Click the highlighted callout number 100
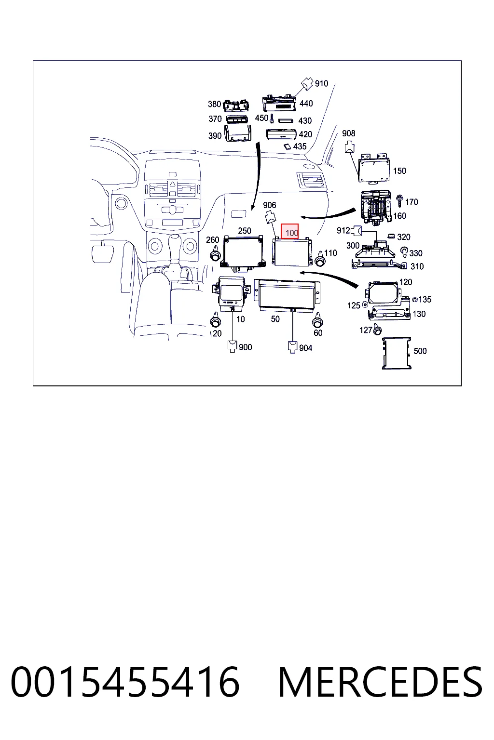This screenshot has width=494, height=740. click(x=291, y=233)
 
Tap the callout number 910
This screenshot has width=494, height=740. click(x=321, y=83)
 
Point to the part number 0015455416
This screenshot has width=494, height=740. click(x=125, y=682)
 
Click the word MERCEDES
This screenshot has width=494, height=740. click(x=380, y=682)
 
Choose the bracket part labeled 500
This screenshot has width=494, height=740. click(x=397, y=353)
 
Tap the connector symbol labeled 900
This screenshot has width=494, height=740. click(x=233, y=346)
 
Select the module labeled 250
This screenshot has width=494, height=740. click(x=243, y=253)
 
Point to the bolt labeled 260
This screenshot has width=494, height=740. click(x=215, y=256)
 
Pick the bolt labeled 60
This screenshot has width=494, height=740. click(x=317, y=319)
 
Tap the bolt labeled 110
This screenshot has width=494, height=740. click(x=320, y=259)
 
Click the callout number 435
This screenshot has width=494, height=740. click(x=300, y=146)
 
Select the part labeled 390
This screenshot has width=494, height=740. click(x=237, y=133)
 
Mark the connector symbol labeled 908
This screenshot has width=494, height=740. click(x=349, y=146)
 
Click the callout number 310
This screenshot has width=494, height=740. click(x=417, y=266)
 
